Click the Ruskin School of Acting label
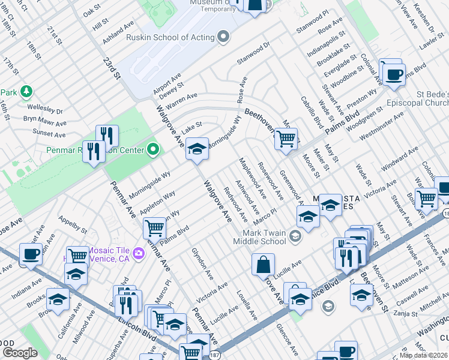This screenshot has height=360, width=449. [170, 37]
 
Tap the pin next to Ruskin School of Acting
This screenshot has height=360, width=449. [224, 37]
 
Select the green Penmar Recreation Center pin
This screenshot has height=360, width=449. [153, 149]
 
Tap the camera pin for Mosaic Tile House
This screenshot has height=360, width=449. [139, 254]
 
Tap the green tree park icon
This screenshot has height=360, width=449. [25, 92]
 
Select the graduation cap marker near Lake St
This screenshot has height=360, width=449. [196, 148]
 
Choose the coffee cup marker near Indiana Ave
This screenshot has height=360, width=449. [31, 253]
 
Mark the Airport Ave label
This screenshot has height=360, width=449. [167, 79]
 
